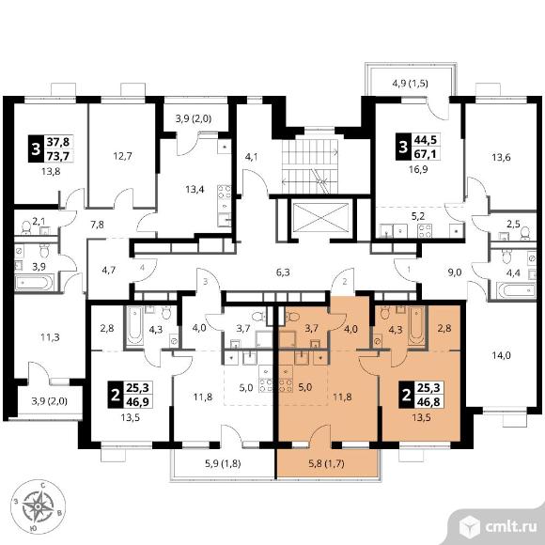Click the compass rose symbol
pyautogui.click(x=39, y=506)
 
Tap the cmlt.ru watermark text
pyautogui.click(x=510, y=526)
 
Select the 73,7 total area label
pyautogui.click(x=58, y=156)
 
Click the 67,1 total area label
pyautogui.click(x=426, y=153)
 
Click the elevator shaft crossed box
pyautogui.click(x=320, y=217)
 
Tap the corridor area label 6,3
pyautogui.click(x=283, y=272)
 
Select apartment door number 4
pyautogui.click(x=142, y=268)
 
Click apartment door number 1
pyautogui.click(x=409, y=269)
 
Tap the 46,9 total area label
pyautogui.click(x=138, y=402)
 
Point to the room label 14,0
pyautogui.click(x=501, y=355)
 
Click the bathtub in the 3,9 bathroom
pyautogui.click(x=34, y=282)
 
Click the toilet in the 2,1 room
pyautogui.click(x=26, y=227)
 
